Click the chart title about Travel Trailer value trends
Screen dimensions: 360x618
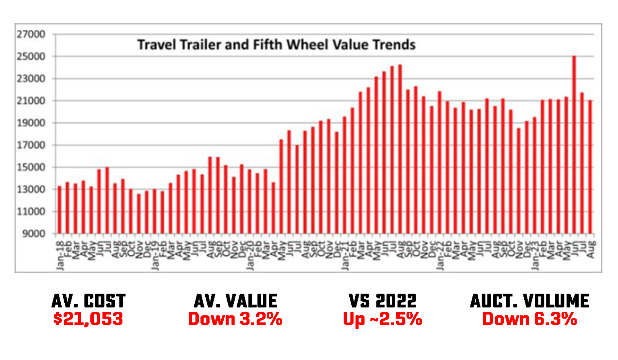276,45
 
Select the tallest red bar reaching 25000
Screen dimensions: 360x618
574,145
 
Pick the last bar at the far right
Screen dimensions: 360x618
590,167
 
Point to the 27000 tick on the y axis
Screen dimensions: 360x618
31,35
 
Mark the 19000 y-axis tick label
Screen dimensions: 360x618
31,123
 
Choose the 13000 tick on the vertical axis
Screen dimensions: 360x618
31,189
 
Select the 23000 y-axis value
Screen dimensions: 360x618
31,79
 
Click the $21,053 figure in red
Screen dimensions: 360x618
88,319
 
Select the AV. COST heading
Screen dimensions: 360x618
89,301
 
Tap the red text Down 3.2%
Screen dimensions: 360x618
235,319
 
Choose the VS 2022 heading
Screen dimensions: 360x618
383,301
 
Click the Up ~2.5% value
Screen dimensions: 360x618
383,319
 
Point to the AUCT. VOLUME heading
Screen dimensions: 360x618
529,301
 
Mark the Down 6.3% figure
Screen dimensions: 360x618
529,319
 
